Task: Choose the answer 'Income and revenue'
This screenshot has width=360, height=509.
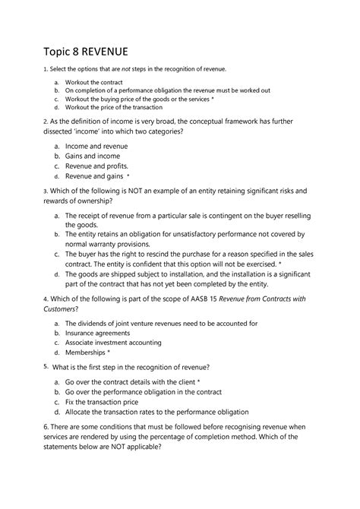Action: pos(96,145)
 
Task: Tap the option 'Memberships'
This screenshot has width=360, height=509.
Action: pos(86,353)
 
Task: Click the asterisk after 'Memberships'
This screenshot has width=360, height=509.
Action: pos(109,353)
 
